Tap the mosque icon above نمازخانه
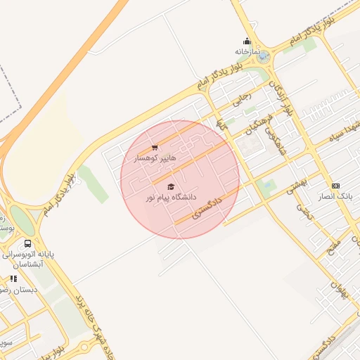click(247, 41)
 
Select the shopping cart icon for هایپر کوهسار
click(155, 148)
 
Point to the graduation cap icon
click(171, 186)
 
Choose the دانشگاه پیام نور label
click(171, 198)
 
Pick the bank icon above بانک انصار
click(335, 186)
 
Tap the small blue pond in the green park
click(266, 186)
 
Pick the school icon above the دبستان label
click(13, 279)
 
